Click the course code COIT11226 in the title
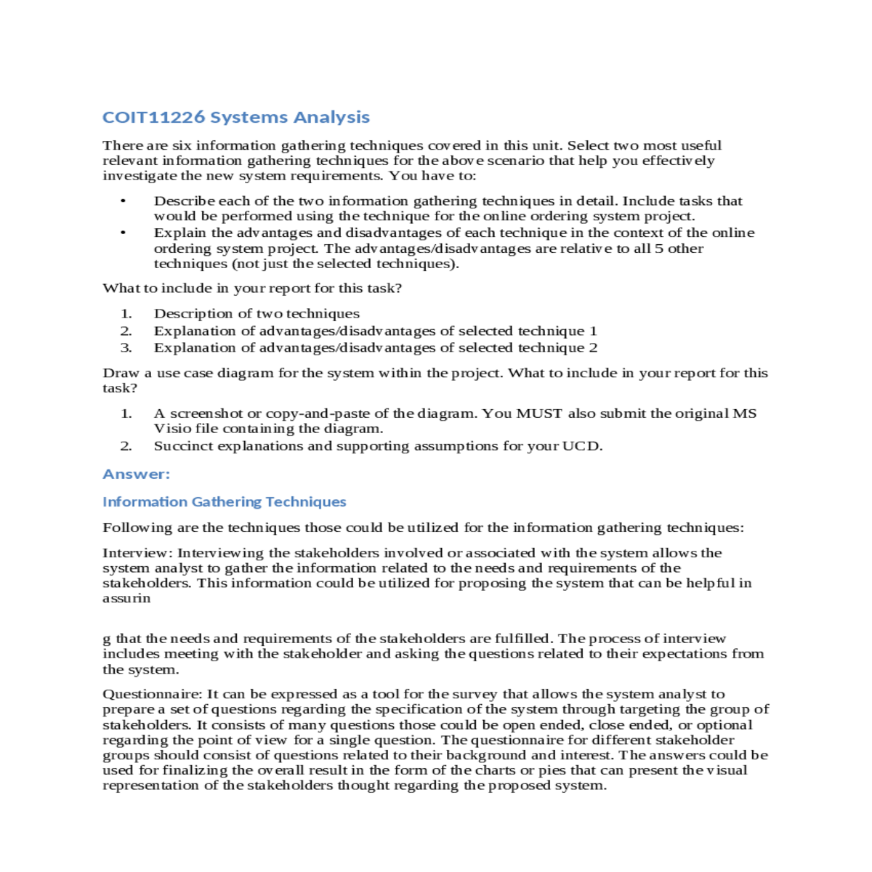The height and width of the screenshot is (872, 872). click(153, 117)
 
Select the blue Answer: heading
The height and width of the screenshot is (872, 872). click(136, 474)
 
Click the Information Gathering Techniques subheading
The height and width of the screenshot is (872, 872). click(224, 501)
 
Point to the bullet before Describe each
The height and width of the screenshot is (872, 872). click(124, 201)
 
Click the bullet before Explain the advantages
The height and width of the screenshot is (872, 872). click(124, 233)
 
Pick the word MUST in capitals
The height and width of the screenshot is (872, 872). click(538, 413)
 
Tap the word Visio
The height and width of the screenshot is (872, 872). click(172, 429)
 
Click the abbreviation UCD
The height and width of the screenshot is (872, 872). click(581, 446)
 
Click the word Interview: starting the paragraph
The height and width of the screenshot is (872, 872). click(137, 553)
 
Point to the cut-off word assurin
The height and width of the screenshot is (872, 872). click(126, 599)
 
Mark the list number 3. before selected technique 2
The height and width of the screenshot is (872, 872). click(126, 348)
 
